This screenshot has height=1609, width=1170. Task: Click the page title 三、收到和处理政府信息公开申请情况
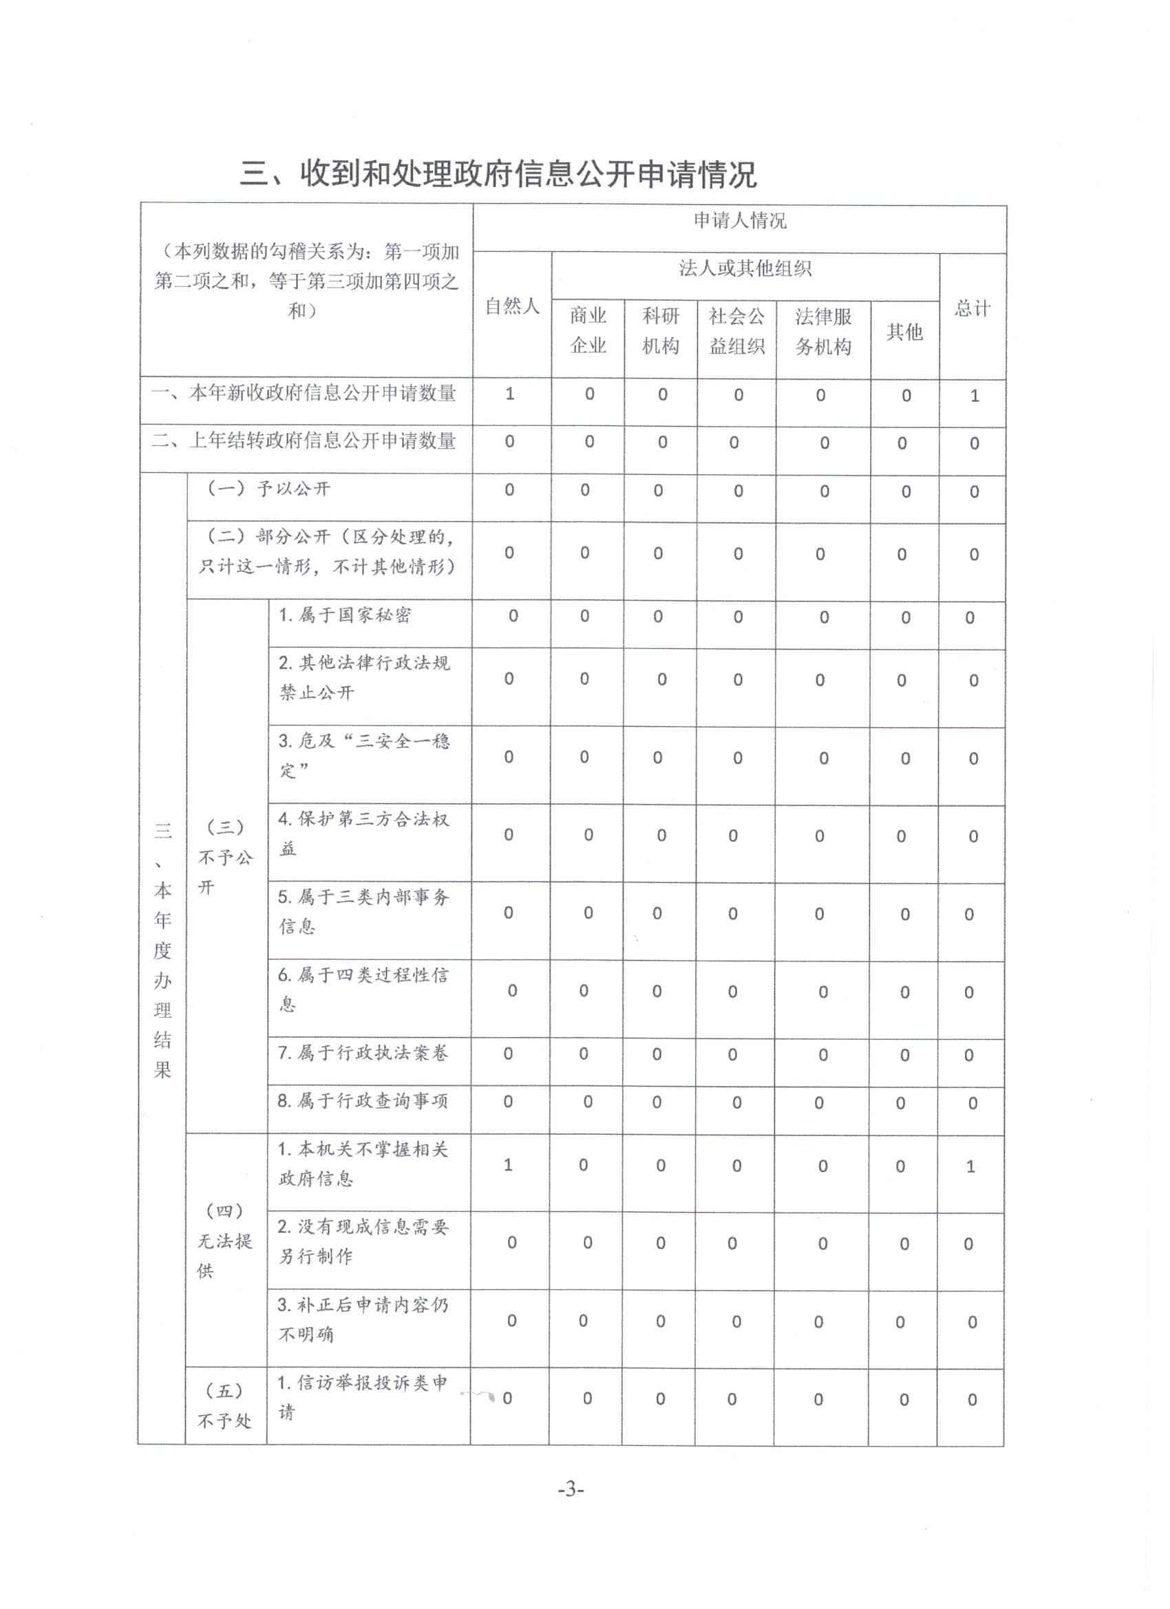pyautogui.click(x=498, y=174)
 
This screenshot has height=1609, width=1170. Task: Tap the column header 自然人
pyautogui.click(x=512, y=306)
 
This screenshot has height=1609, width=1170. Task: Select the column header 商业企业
pyautogui.click(x=588, y=330)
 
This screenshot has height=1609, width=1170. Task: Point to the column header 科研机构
pyautogui.click(x=661, y=330)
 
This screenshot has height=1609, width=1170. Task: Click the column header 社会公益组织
pyautogui.click(x=736, y=330)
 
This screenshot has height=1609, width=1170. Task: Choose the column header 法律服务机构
pyautogui.click(x=823, y=331)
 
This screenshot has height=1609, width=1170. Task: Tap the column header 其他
pyautogui.click(x=904, y=331)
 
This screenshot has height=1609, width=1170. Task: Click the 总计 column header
pyautogui.click(x=972, y=308)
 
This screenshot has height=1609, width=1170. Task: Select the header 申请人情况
pyautogui.click(x=739, y=222)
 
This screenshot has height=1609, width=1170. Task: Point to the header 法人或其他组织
pyautogui.click(x=745, y=269)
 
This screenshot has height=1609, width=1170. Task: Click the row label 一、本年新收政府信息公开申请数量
pyautogui.click(x=304, y=394)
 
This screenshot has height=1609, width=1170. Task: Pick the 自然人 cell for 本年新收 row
pyautogui.click(x=509, y=394)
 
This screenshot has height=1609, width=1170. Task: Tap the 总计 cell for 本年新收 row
pyautogui.click(x=974, y=396)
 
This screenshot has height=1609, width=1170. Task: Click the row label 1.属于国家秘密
pyautogui.click(x=345, y=615)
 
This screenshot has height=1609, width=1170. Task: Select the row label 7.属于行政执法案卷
pyautogui.click(x=363, y=1054)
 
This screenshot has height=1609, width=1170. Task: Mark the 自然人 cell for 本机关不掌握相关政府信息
pyautogui.click(x=508, y=1165)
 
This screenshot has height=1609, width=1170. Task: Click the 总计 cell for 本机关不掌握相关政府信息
pyautogui.click(x=970, y=1166)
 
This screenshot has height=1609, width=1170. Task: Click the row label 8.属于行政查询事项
pyautogui.click(x=363, y=1101)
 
